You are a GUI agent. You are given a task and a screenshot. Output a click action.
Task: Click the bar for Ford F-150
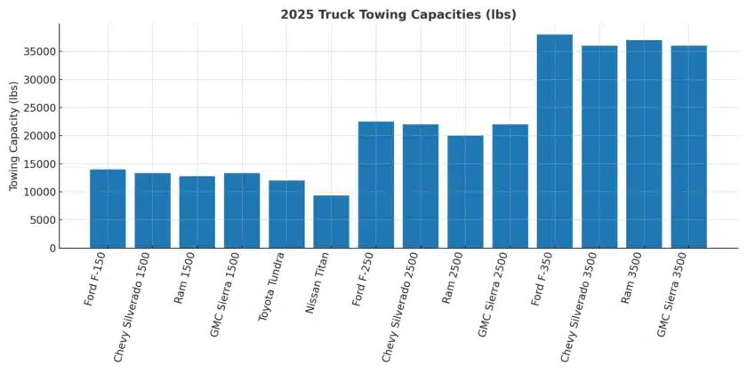tap(108, 209)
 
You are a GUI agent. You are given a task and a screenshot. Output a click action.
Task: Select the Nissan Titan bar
tap(331, 222)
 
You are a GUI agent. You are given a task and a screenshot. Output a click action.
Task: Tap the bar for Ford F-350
tap(554, 141)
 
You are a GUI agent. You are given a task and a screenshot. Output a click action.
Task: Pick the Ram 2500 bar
tap(465, 192)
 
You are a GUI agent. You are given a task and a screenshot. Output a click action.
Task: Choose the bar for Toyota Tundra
tap(286, 214)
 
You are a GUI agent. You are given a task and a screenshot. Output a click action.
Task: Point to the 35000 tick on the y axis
tap(39, 52)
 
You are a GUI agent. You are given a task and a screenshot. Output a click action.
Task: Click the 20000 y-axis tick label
tap(39, 136)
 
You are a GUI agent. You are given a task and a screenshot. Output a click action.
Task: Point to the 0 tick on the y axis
tap(52, 249)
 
